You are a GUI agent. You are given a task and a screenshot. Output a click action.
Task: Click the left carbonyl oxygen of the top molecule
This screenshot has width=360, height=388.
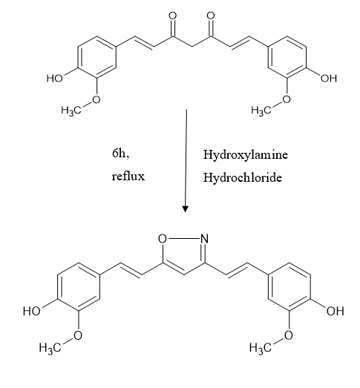(x=173, y=16)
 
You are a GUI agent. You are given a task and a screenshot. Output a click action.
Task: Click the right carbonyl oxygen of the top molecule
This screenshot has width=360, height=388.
(x=211, y=16)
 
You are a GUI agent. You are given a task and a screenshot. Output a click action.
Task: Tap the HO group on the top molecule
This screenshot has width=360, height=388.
(x=54, y=79)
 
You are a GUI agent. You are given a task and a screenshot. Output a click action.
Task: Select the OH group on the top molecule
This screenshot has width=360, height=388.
(x=329, y=78)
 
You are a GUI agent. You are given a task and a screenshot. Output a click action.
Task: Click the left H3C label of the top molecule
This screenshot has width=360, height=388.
(x=71, y=111)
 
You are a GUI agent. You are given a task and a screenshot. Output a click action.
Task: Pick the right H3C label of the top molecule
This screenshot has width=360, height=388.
(x=261, y=111)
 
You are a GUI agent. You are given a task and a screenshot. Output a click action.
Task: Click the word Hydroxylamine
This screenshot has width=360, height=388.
(x=246, y=155)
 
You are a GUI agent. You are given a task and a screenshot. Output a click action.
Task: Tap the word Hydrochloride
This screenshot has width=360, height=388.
(x=243, y=177)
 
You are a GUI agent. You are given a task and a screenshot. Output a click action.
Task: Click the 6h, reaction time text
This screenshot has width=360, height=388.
(x=120, y=154)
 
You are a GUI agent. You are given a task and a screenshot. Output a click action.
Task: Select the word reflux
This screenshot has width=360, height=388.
(x=128, y=177)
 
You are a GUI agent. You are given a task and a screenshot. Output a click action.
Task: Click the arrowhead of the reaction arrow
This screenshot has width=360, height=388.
(x=186, y=209)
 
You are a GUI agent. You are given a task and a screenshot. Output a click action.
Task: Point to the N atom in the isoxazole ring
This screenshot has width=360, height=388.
(x=205, y=239)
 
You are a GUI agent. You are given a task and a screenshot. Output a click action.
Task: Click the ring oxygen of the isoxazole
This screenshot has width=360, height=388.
(x=163, y=239)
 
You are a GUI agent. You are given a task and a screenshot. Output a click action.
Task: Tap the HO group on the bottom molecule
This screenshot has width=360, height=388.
(x=31, y=311)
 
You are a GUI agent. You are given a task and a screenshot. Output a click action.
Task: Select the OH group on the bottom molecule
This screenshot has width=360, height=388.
(x=336, y=311)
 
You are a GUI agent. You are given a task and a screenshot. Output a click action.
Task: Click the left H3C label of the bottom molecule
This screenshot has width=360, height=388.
(x=50, y=348)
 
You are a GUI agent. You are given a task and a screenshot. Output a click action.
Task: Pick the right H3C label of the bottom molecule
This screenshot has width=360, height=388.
(x=260, y=348)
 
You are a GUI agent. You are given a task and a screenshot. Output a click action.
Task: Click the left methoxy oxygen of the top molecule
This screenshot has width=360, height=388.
(x=96, y=99)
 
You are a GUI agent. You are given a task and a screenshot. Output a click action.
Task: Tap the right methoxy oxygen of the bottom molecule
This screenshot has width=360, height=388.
(x=289, y=335)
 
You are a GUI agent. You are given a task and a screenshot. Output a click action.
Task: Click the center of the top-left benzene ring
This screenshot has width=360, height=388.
(x=96, y=57)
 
